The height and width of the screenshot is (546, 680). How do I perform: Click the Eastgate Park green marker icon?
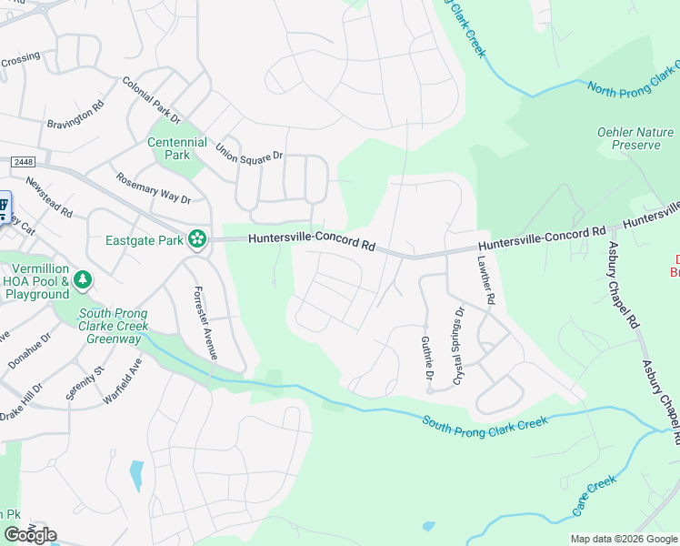(x=196, y=240)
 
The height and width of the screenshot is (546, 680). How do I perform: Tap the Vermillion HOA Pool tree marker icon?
(x=84, y=278)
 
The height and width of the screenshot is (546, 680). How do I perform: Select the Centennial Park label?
(x=177, y=149)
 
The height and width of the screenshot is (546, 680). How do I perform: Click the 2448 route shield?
(x=24, y=161)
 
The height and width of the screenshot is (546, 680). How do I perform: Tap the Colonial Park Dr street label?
(x=152, y=100)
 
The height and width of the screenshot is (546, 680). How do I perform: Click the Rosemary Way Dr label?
(x=153, y=188)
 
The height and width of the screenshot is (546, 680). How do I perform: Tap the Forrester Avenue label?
(x=205, y=324)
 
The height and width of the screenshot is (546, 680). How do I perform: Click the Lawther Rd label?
(x=485, y=278)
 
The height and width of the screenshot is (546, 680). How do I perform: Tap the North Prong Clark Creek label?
(x=635, y=79)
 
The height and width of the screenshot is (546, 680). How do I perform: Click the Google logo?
(x=30, y=535)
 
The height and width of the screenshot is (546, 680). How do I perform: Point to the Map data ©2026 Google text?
(x=623, y=539)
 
